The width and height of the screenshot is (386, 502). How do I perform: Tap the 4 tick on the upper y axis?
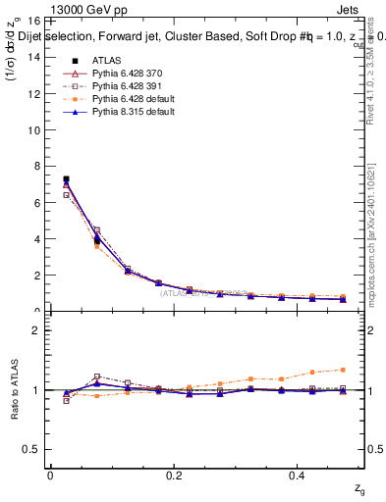(x=37, y=238)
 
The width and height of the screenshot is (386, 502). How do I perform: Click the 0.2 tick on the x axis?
(x=174, y=476)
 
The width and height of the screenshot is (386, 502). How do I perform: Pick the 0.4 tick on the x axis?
(x=299, y=476)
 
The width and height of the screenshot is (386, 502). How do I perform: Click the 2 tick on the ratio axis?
(x=37, y=330)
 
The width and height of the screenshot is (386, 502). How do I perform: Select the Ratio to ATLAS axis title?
(x=13, y=389)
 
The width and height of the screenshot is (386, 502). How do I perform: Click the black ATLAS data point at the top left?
(x=66, y=179)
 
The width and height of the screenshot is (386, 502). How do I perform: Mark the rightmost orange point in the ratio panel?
(x=342, y=370)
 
